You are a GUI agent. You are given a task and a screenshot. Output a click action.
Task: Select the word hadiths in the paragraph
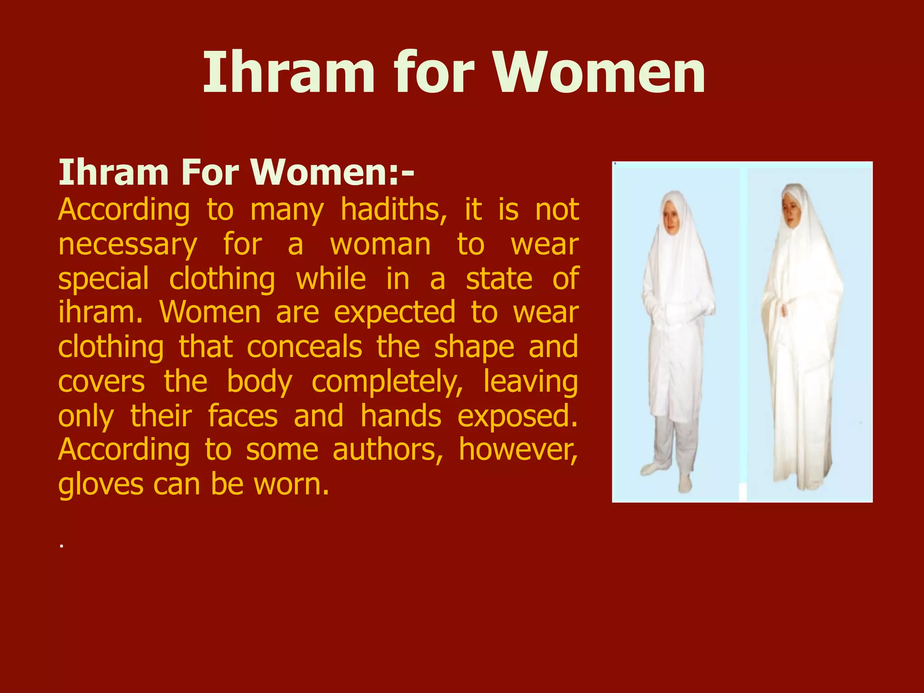point(393,210)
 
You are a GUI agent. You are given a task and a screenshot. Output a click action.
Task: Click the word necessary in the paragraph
point(128,245)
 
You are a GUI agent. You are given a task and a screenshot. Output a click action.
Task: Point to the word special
point(103,279)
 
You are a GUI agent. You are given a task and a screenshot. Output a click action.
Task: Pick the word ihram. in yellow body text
point(100,312)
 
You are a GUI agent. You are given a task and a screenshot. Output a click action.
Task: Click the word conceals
point(305,347)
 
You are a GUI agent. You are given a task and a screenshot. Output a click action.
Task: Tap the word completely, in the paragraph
point(387,382)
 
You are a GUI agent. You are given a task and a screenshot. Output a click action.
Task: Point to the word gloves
point(101,485)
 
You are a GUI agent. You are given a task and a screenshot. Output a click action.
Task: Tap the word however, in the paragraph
point(518,450)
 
